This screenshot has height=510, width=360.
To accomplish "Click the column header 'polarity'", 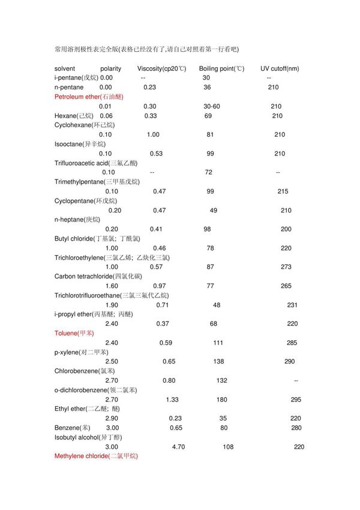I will [x=110, y=68].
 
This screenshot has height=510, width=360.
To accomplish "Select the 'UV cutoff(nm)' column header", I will [x=280, y=68].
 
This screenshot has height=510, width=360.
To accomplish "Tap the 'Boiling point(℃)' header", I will [x=221, y=68].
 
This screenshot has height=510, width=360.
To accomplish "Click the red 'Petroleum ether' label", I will [x=88, y=97].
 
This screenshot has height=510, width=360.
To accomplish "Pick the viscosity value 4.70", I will [x=179, y=446].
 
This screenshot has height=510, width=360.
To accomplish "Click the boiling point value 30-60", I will [x=211, y=106].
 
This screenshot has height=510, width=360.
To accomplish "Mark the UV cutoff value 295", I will [x=296, y=399].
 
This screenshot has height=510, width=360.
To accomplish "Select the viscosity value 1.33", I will [x=172, y=399].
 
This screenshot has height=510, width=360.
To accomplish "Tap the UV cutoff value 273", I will [x=286, y=266].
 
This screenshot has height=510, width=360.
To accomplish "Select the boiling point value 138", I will [x=218, y=361].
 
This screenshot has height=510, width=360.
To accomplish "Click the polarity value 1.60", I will [x=112, y=286].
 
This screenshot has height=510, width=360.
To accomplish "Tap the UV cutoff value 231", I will [x=292, y=304].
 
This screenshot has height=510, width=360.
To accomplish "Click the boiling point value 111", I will [x=218, y=342].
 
